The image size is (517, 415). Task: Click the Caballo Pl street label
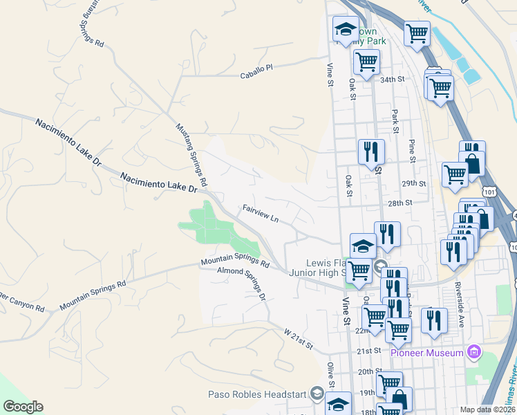pos(256,71)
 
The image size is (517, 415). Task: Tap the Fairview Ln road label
pos(260,213)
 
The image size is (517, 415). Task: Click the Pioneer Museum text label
pos(426,353)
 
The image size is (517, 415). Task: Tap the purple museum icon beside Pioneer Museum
pos(473,353)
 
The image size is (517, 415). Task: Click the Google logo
pos(23,407)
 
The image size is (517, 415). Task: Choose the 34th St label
pos(391,80)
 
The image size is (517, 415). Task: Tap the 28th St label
pos(399,203)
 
